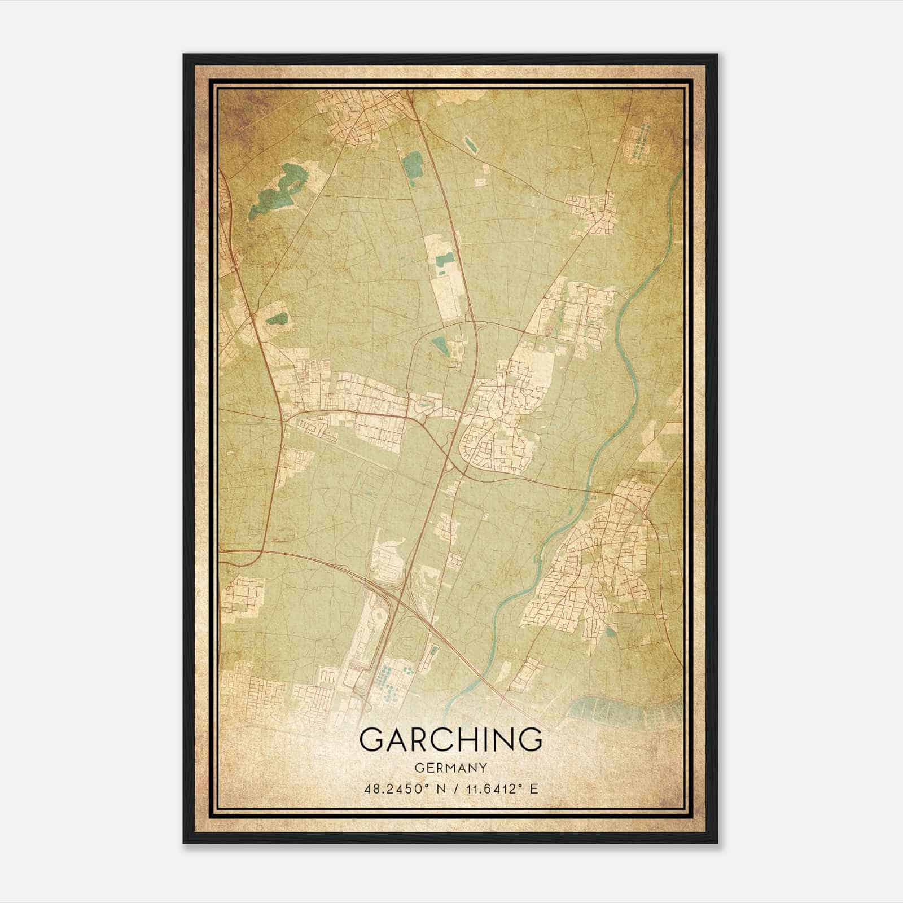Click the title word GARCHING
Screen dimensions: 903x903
coord(450,739)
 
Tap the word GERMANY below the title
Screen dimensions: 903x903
coord(450,768)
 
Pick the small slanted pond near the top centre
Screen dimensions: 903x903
coord(469,144)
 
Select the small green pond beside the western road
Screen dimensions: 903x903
coord(277,319)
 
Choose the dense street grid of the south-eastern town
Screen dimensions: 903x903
coord(593,570)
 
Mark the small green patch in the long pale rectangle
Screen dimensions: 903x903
coord(444,261)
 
